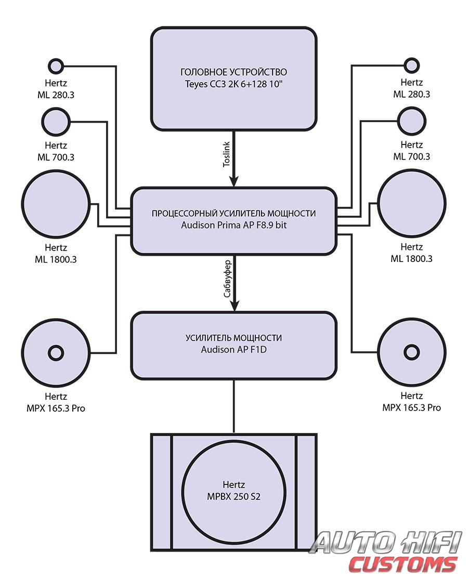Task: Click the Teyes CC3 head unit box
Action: (x=234, y=78)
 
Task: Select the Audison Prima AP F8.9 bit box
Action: (x=234, y=221)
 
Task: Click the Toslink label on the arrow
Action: (x=226, y=154)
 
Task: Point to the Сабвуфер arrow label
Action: (x=227, y=279)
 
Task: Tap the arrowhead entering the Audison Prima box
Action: (x=234, y=181)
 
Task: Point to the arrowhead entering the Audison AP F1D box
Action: (x=234, y=306)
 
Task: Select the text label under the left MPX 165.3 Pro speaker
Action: (x=56, y=402)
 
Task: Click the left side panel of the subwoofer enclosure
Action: (x=162, y=492)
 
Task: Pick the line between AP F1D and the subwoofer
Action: (x=234, y=406)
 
